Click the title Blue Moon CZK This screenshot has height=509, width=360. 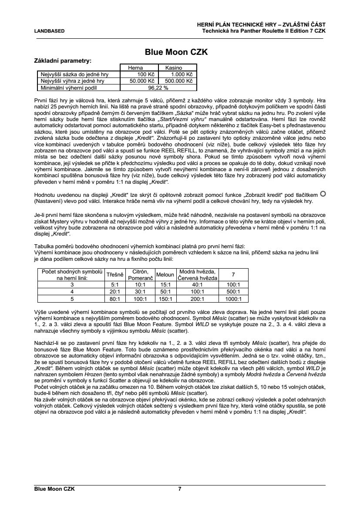point(176,52)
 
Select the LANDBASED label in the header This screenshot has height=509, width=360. point(49,31)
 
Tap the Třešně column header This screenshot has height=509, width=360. point(115,274)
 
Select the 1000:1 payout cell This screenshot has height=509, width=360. point(233,299)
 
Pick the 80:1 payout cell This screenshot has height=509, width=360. point(115,299)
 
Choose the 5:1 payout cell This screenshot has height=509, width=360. point(115,284)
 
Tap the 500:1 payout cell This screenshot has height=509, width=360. point(233,292)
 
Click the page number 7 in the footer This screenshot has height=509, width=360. point(180,489)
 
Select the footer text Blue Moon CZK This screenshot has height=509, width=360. point(54,489)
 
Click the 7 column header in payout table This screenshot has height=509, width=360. point(233,274)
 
